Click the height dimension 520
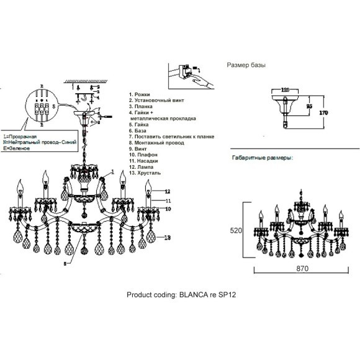tap(235, 230)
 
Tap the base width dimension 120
tap(286, 89)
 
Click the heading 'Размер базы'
tap(248, 65)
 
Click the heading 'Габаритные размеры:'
tap(262, 158)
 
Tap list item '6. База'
tap(138, 131)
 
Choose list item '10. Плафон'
tap(143, 157)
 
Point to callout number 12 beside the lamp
tap(159, 191)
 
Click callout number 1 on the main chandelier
tap(113, 171)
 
